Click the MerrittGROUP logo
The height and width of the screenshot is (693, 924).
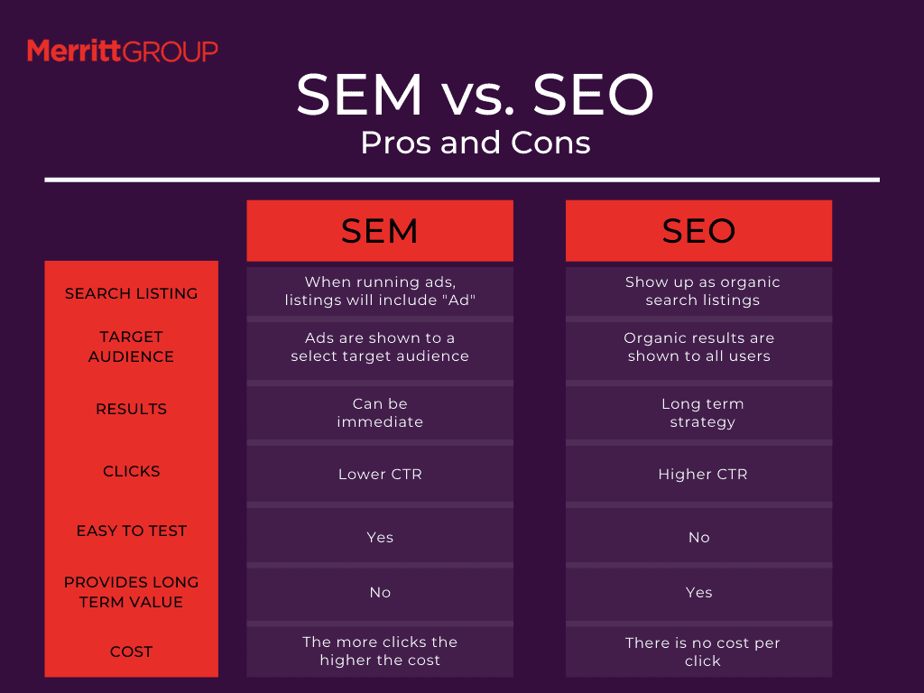click(x=123, y=51)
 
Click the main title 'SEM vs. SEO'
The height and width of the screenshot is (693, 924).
click(x=475, y=94)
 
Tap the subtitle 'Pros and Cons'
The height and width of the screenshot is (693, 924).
click(x=476, y=143)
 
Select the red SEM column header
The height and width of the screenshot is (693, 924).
click(x=380, y=230)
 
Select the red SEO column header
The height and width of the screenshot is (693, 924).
click(x=699, y=230)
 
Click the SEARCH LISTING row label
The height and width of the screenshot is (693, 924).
click(x=132, y=293)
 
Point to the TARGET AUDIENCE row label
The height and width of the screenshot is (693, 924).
click(x=132, y=346)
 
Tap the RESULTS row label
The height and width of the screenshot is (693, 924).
click(x=132, y=409)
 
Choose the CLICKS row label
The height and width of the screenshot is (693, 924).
click(x=132, y=471)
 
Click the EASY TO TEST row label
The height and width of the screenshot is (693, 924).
click(x=132, y=531)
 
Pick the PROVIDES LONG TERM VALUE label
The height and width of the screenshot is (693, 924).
click(x=132, y=592)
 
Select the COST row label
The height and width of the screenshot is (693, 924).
click(x=132, y=651)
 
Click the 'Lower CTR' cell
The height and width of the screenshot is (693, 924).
click(x=380, y=475)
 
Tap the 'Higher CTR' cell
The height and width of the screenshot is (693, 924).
click(x=703, y=475)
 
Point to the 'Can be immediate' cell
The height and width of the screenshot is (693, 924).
click(x=380, y=412)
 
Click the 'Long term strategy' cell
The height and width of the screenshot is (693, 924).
click(x=702, y=413)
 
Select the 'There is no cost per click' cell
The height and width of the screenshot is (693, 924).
click(x=702, y=651)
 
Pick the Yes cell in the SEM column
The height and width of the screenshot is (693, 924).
click(x=380, y=538)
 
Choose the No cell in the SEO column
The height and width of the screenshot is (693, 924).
click(x=699, y=538)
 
